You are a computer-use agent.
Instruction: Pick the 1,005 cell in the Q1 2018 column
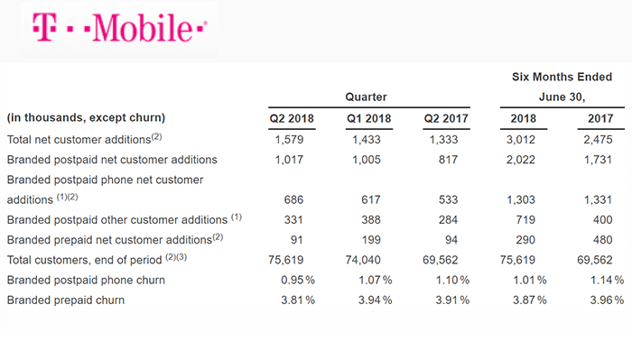pos(371,159)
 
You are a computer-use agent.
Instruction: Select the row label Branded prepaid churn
pos(65,300)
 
